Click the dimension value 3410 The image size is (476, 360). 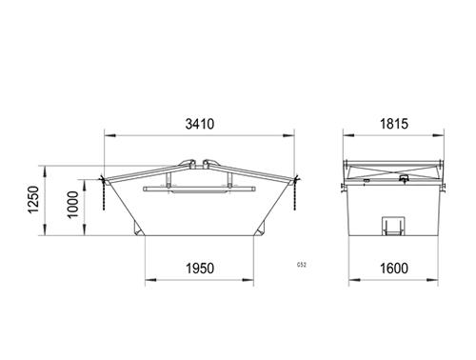pos(200,124)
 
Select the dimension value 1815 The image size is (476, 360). pos(394,124)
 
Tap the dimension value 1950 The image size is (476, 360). pos(200,269)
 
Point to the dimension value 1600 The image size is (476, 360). pos(394,269)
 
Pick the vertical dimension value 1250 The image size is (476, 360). pos(33,200)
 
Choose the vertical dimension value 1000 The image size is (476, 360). pos(72,205)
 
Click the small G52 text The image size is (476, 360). pos(302,265)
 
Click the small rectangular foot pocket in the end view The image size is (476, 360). pos(393,226)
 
